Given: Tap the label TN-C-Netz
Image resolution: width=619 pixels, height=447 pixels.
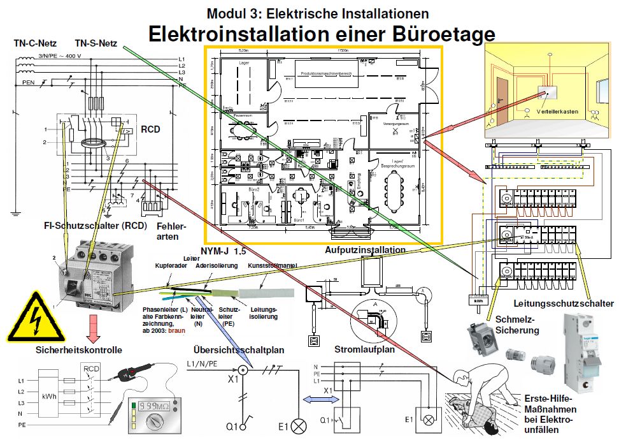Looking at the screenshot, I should (x=35, y=44).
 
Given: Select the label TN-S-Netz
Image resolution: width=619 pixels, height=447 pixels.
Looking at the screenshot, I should (x=96, y=44).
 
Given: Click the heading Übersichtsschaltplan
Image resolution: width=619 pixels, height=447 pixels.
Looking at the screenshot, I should (x=239, y=350).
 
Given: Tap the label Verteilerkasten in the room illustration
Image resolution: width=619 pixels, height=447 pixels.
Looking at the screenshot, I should (x=557, y=111).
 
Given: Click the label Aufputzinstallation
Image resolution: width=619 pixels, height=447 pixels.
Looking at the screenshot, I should (x=365, y=251).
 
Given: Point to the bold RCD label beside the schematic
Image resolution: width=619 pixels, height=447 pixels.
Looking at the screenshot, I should (x=151, y=130).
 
